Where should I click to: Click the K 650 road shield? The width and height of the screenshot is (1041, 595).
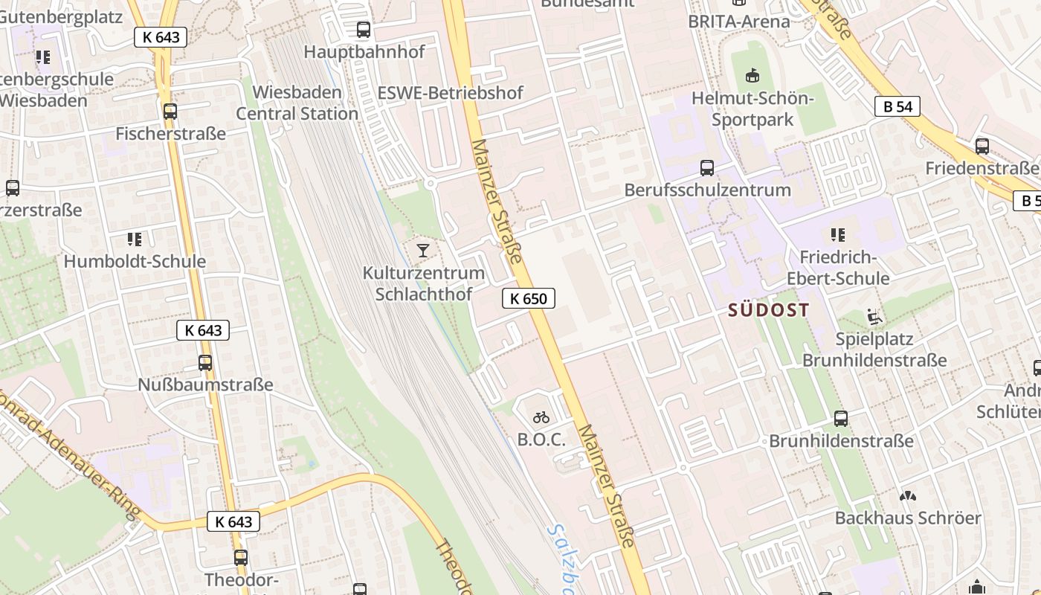pos(528,299)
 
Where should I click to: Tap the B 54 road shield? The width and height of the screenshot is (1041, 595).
pos(897,106)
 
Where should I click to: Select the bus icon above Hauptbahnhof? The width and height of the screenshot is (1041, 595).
pos(364,30)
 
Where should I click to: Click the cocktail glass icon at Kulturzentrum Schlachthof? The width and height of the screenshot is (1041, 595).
pos(423,250)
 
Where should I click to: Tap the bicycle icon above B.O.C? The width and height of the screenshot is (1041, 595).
pos(541,417)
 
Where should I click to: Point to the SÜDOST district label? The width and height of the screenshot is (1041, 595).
pos(769,310)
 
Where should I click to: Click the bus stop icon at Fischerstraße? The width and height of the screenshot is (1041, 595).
pos(170,112)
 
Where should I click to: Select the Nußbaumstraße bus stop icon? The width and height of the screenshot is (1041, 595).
pos(205,363)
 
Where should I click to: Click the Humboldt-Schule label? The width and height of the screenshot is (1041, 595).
pos(135,261)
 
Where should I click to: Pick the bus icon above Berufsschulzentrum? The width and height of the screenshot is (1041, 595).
pos(707,168)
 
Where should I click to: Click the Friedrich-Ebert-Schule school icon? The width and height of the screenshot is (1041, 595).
pos(838,235)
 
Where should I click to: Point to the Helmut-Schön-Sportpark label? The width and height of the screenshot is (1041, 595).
pos(752,109)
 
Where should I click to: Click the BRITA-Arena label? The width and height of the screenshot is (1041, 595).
pos(738,21)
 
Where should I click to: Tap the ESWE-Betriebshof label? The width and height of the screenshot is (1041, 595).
pos(450,93)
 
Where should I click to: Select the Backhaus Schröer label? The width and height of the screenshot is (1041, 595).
pos(908,518)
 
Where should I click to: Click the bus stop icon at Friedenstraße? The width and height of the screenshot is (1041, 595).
pos(982,147)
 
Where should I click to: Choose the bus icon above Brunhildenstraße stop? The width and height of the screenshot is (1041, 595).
pos(841,419)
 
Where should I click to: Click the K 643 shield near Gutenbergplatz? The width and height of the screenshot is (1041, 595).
pos(160,37)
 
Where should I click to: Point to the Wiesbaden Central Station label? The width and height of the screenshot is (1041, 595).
pos(297,103)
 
